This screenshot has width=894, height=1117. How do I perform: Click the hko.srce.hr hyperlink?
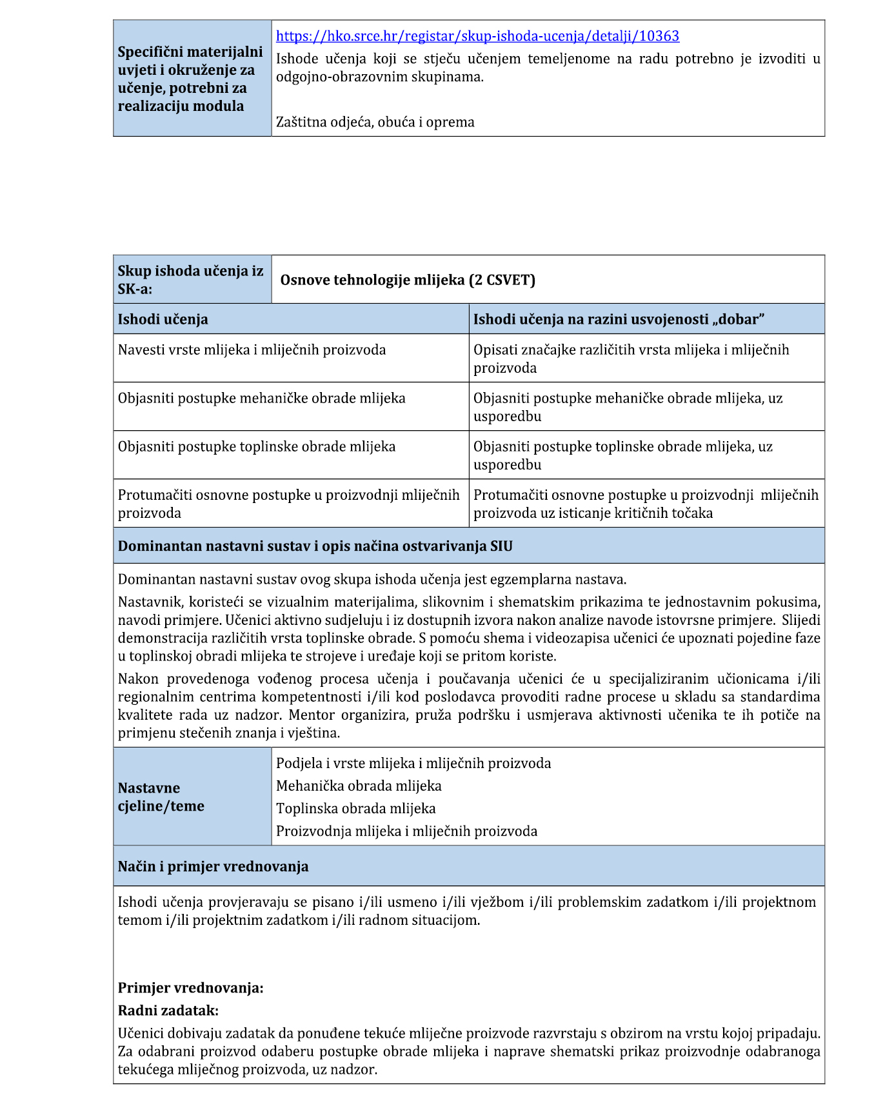tap(477, 36)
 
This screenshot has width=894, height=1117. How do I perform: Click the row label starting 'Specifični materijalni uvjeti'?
tap(190, 79)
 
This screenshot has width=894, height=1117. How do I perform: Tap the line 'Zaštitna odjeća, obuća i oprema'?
tap(375, 122)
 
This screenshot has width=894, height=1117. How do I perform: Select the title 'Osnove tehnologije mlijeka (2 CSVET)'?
tap(408, 280)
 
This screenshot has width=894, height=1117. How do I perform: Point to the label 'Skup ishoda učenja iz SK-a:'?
tap(190, 280)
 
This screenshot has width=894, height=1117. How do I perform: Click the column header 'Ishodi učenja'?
tap(163, 319)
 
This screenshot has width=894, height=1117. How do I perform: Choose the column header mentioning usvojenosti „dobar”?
tap(619, 319)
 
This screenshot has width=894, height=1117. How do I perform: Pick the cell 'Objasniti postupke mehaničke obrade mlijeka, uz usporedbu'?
tap(628, 407)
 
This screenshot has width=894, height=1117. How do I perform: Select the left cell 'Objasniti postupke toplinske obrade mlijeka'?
tap(256, 447)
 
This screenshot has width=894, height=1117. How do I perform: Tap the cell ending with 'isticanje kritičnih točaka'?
tap(645, 504)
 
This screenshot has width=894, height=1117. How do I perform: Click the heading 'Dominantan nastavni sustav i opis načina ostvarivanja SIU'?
tap(315, 546)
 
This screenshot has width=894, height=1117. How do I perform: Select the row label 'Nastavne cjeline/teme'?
tap(161, 797)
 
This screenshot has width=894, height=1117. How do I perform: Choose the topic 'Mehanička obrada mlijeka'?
tap(359, 786)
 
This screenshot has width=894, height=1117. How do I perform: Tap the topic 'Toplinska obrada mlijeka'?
tap(355, 809)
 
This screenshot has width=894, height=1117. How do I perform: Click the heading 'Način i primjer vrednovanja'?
tap(213, 866)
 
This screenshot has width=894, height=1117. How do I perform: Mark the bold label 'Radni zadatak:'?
tap(168, 1011)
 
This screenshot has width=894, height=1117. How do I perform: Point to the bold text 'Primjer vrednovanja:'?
tap(190, 988)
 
